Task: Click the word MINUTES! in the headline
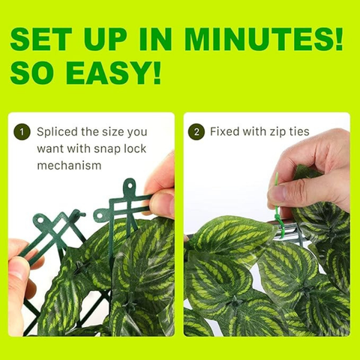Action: pos(263,39)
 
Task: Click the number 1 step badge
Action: pos(22,132)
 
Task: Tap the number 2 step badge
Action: pos(196,132)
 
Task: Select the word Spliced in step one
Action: pos(57,133)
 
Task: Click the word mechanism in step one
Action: pos(69,166)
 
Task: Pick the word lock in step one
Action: pos(135,148)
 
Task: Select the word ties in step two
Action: pos(299,131)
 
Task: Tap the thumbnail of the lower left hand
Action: pos(21,280)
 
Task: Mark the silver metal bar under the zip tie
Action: pos(287,232)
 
